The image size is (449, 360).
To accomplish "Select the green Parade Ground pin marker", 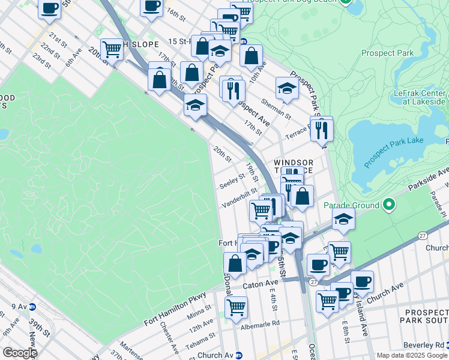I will click(389, 205).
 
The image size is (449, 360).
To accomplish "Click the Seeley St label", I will click(232, 178).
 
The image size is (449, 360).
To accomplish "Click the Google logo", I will click(19, 352).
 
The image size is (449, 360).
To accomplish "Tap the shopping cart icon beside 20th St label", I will click(112, 49).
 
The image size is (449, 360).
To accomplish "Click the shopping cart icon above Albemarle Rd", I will click(236, 307).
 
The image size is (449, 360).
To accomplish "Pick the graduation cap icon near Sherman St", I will click(288, 88).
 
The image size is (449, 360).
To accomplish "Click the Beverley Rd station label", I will click(431, 345).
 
